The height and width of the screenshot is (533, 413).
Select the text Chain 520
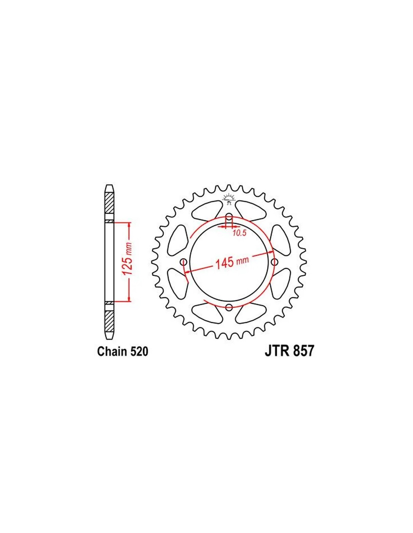point(123,352)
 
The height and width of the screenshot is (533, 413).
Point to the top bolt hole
point(229,217)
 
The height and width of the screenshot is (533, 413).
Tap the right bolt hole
point(274,262)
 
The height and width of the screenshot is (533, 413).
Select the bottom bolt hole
point(229,307)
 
